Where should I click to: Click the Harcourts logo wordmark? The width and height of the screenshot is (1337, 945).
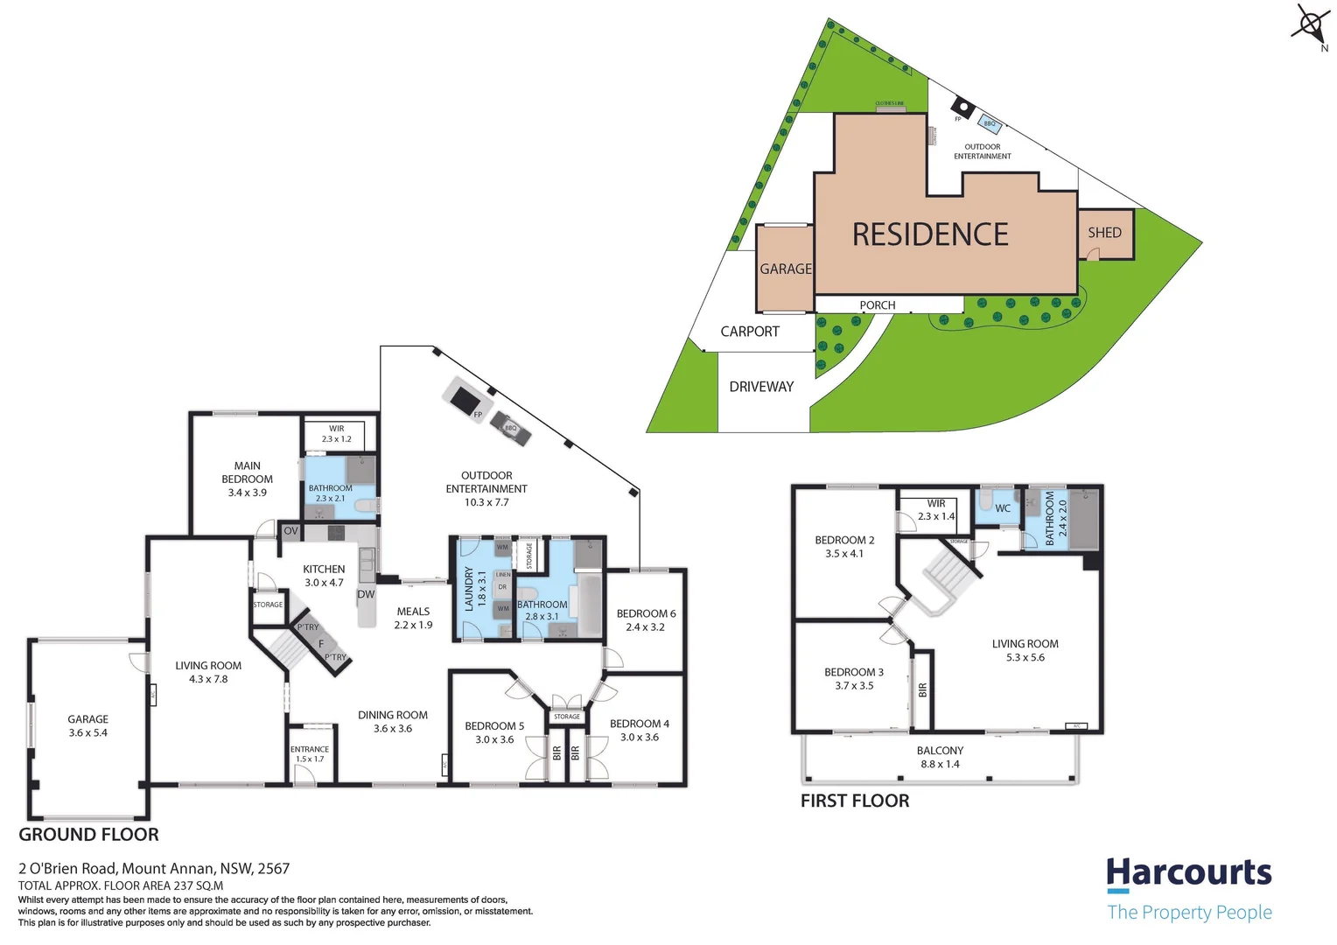[1188, 873]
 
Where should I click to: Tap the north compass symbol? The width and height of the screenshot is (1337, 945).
[1311, 24]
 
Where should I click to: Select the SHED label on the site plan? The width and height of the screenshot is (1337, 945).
[1104, 233]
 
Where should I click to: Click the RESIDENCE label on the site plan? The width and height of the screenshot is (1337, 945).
[930, 234]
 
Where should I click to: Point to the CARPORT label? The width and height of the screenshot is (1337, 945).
[749, 332]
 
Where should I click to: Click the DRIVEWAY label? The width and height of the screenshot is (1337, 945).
[761, 387]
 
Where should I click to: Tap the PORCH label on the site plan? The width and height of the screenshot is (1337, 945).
[877, 305]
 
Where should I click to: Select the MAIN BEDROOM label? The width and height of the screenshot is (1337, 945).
[247, 479]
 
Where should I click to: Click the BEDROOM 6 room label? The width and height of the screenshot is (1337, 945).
[646, 619]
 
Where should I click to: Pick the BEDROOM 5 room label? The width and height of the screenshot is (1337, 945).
[494, 732]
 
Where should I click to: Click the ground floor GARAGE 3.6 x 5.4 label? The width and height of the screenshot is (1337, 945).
[87, 725]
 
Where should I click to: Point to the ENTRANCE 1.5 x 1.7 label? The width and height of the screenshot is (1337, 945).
[310, 753]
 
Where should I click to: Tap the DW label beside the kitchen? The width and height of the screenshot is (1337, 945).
[366, 594]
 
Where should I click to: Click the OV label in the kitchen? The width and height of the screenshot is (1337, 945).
[291, 531]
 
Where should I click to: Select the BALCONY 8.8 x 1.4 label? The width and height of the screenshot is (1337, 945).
[940, 757]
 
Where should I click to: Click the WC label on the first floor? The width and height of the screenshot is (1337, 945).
[1003, 508]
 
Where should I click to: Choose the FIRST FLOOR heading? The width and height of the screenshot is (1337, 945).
[854, 801]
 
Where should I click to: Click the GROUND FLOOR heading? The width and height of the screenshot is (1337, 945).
[88, 835]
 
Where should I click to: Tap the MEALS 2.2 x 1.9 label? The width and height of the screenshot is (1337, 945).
[413, 618]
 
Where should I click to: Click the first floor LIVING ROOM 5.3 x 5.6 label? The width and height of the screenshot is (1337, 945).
[1025, 650]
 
